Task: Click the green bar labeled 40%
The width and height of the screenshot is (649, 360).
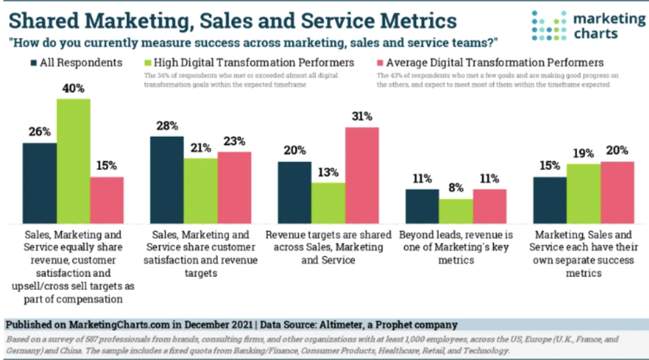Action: pos(73,160)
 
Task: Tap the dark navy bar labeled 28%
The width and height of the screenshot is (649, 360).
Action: pos(167,179)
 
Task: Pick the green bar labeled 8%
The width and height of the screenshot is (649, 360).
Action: pos(455,211)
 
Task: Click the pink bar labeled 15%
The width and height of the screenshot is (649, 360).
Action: pos(107,200)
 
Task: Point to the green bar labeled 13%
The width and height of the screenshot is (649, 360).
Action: pos(328,202)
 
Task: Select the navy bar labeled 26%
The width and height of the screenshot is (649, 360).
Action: pos(40,183)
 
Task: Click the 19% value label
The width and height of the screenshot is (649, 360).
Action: pos(583,153)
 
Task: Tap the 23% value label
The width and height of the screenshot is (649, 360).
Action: pos(234,141)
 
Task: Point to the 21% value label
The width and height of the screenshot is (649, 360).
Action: pos(200,148)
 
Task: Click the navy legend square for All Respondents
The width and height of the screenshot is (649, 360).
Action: pos(33,63)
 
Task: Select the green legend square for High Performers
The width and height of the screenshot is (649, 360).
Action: pos(147,63)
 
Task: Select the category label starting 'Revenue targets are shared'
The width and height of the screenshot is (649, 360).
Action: pos(328,247)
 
